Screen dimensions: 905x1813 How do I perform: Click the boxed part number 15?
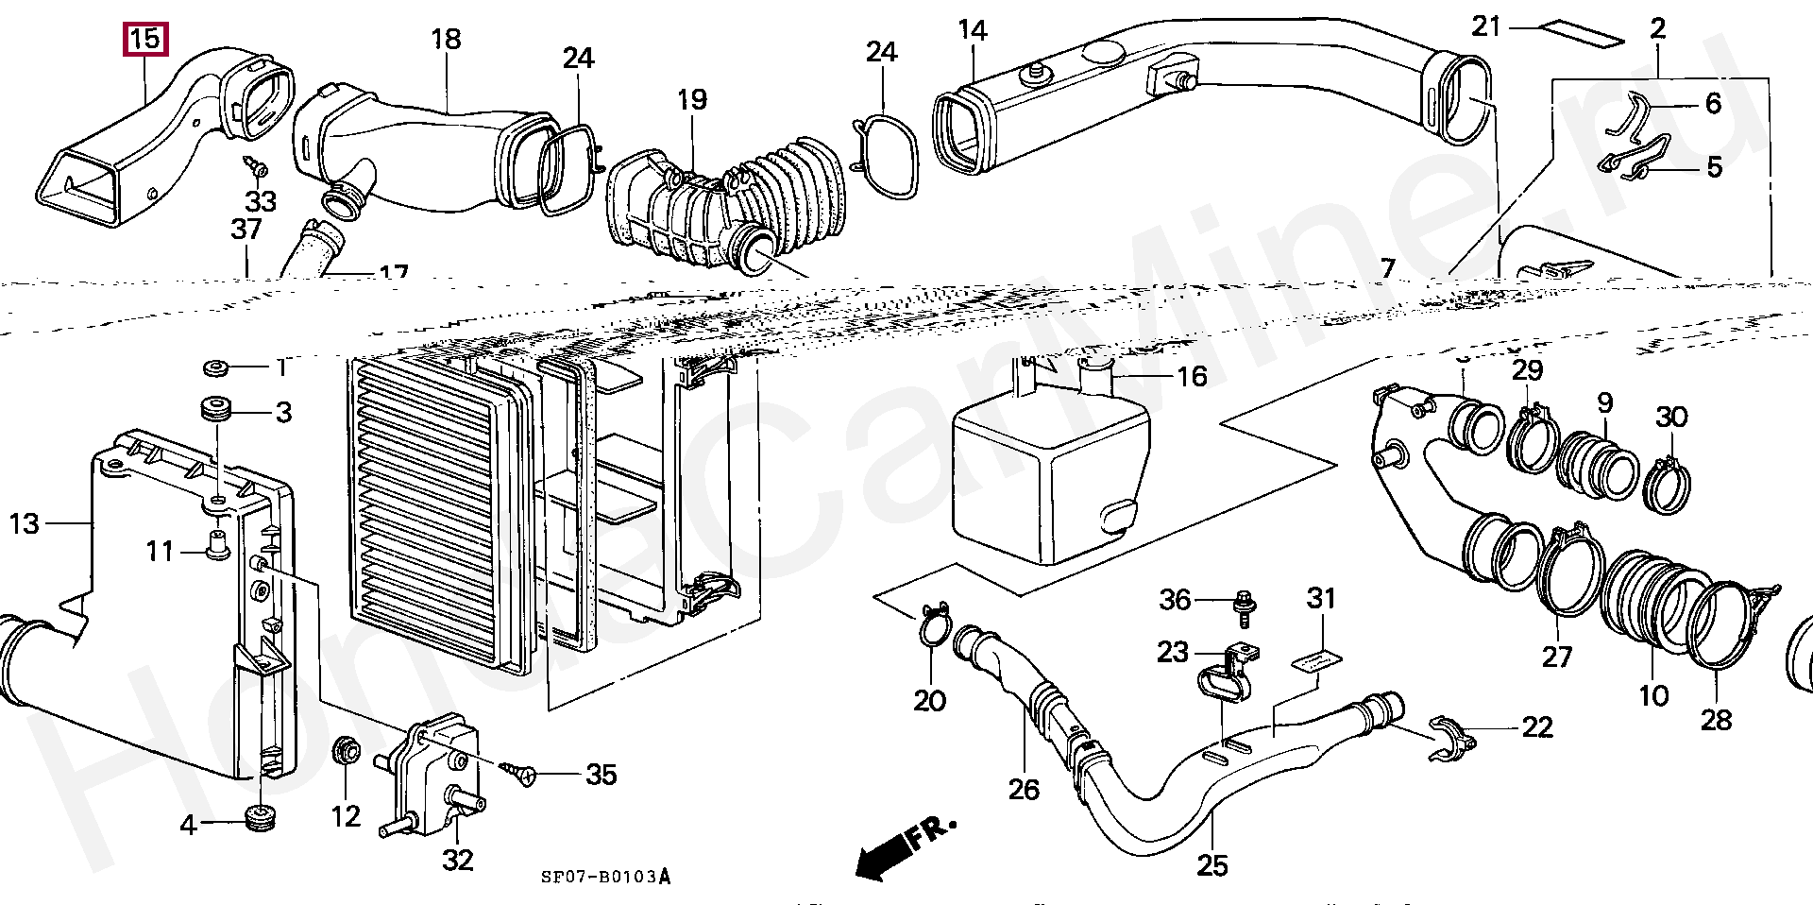(145, 40)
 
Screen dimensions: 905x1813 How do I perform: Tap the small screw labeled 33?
(255, 168)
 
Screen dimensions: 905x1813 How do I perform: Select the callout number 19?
(691, 99)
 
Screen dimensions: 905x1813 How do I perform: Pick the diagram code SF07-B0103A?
(604, 877)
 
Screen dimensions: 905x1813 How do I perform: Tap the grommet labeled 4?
(258, 818)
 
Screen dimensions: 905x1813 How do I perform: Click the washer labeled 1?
(216, 367)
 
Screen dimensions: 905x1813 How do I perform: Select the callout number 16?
(1192, 376)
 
